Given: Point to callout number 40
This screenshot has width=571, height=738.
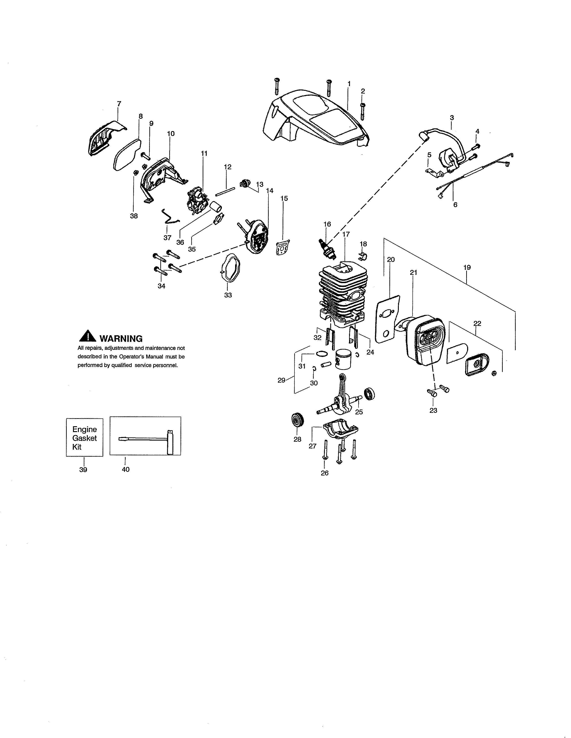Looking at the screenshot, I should coord(125,469).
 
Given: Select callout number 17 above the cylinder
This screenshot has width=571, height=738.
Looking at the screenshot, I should coord(346,234).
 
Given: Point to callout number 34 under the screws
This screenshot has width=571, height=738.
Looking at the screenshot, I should coord(161,286).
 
